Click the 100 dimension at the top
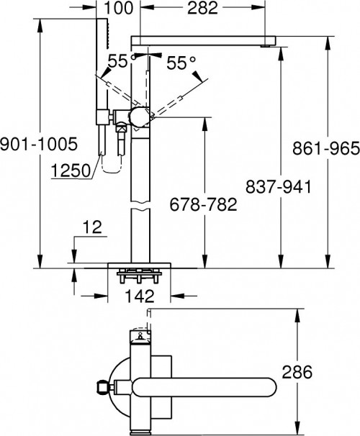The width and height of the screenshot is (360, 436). coord(119,8)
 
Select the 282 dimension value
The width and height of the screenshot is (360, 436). coord(202,8)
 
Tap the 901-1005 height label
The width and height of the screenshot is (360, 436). coord(38,144)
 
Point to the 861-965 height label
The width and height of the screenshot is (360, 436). coord(325,148)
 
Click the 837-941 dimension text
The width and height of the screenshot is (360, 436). coord(279,186)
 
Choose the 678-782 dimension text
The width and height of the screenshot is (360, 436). coord(203,204)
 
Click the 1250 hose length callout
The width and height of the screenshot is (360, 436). coord(71,171)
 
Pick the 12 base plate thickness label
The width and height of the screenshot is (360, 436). coord(93,227)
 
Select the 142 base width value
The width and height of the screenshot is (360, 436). coord(140,296)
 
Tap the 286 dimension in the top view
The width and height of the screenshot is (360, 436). coord(297,372)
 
